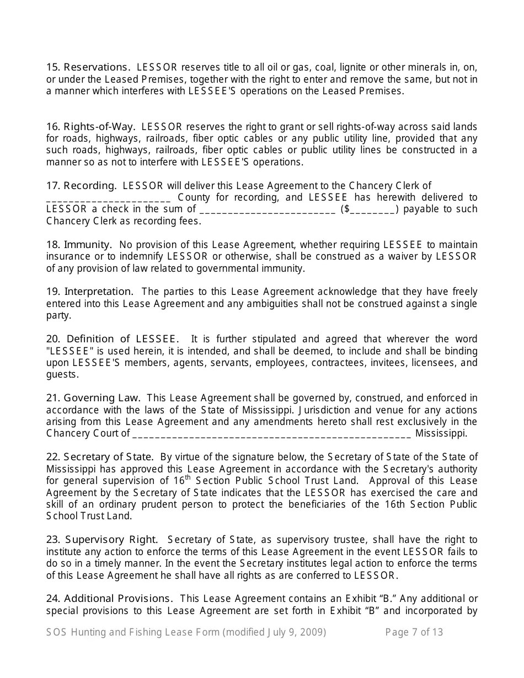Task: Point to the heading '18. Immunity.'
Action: (79, 245)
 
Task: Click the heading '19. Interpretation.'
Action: (90, 292)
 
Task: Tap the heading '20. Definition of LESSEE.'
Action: (113, 339)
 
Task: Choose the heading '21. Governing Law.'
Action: (93, 398)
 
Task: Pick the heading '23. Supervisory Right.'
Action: (102, 540)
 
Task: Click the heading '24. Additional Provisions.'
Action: (110, 599)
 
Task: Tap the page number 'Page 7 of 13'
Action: (414, 632)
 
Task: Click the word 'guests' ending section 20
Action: (61, 375)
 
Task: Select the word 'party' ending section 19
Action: (58, 316)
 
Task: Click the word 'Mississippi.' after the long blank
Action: (441, 433)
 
